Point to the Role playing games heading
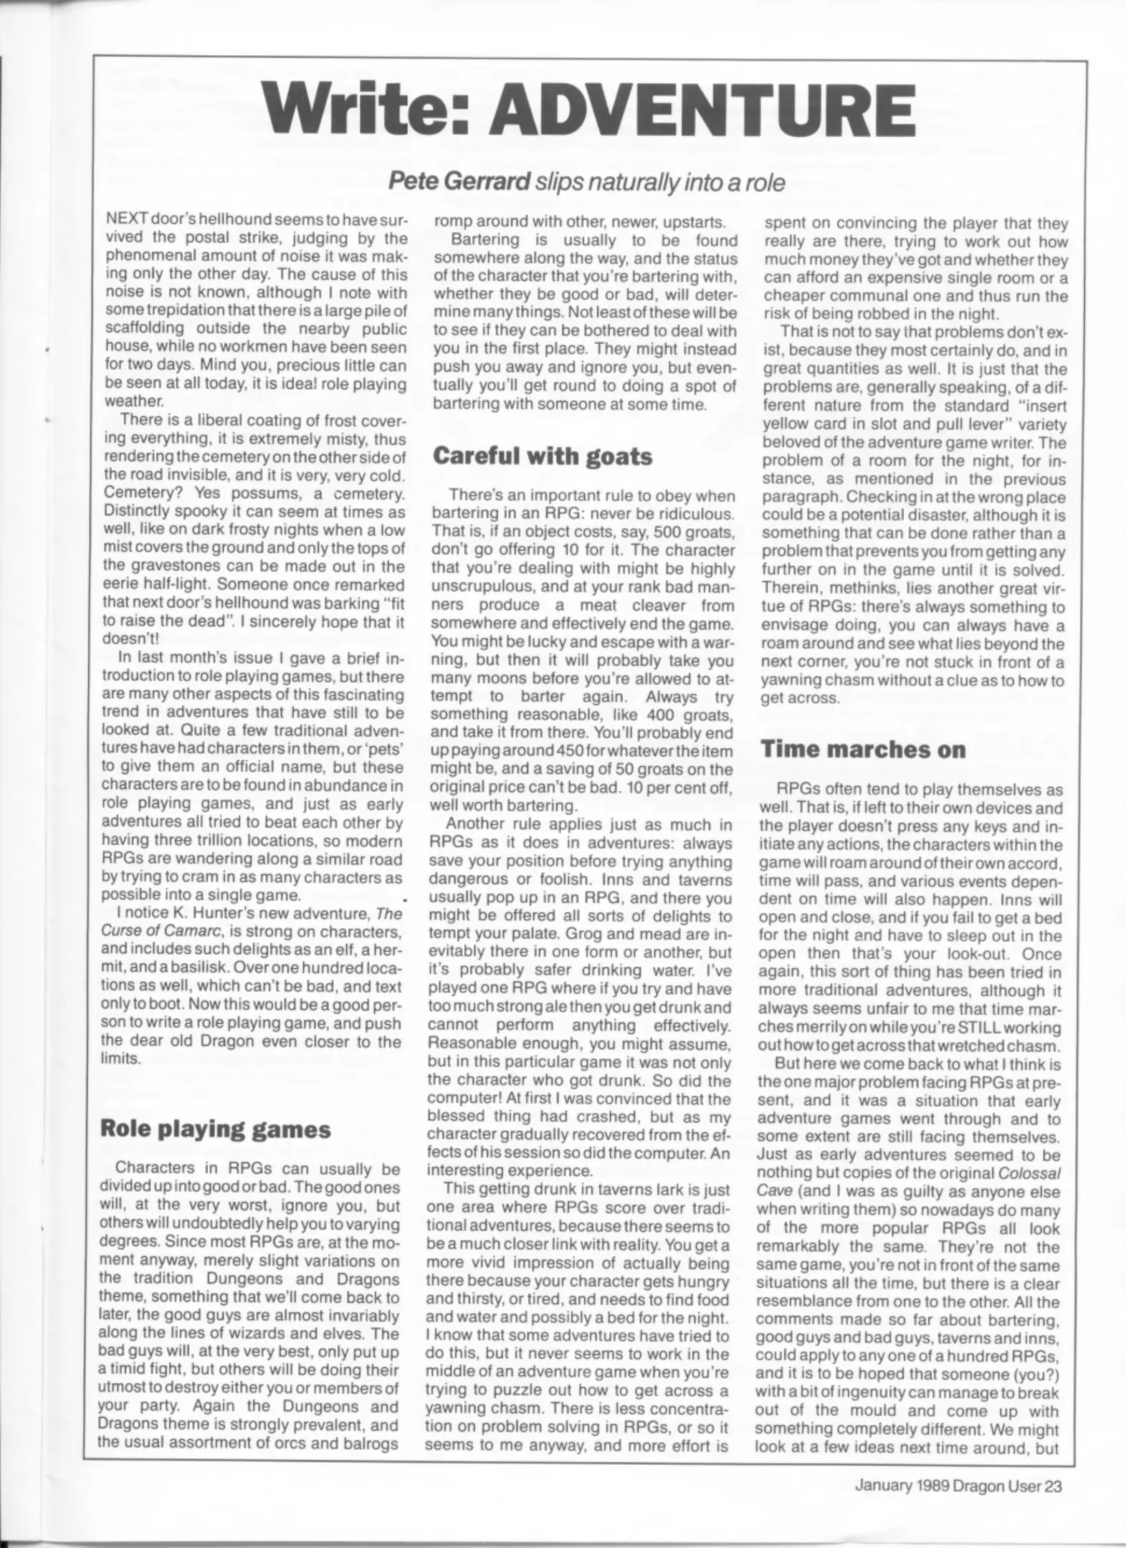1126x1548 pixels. (x=215, y=1129)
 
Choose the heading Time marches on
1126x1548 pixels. (x=863, y=749)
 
